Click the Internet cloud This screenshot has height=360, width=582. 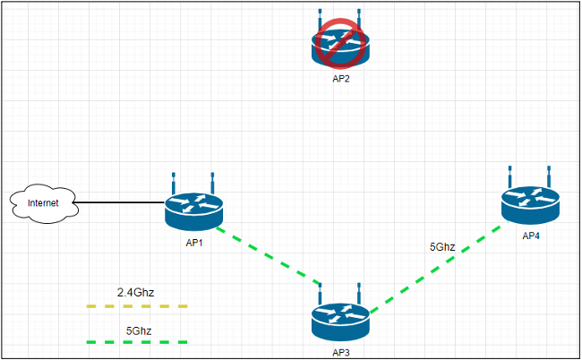[x=44, y=203]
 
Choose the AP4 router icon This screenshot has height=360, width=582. [x=530, y=206]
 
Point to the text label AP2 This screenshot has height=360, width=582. [x=340, y=79]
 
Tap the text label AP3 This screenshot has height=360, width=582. [x=340, y=353]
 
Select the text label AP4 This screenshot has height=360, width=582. [x=532, y=236]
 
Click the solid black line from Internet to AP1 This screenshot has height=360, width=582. [x=122, y=203]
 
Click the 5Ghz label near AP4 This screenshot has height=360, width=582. [x=442, y=245]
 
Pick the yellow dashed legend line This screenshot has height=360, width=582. [x=137, y=306]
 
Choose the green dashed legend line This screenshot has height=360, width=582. [x=137, y=342]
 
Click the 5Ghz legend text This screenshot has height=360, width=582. [x=138, y=330]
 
